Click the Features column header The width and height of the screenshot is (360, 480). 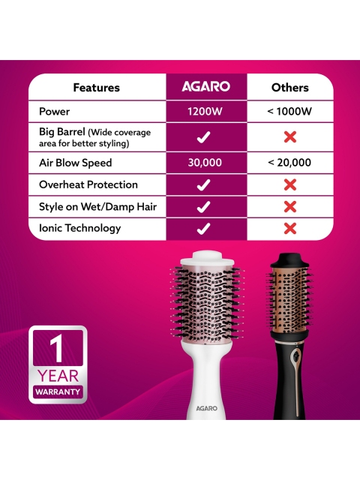97,88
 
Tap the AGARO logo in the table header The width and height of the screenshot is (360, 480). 205,86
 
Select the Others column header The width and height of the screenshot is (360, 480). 290,88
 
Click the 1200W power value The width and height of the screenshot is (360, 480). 205,111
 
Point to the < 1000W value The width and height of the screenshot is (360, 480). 289,111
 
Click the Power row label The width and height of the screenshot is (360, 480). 54,111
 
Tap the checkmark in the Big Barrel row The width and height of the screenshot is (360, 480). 203,136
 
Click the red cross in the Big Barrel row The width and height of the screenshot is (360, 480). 290,136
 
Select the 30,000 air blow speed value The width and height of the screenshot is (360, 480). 205,163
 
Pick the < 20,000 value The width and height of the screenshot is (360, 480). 289,163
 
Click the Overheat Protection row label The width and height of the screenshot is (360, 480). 88,184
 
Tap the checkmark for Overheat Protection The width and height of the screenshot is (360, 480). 203,185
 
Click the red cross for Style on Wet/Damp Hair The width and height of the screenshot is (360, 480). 290,207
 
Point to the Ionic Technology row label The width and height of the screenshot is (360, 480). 80,228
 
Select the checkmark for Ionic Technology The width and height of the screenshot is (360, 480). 203,229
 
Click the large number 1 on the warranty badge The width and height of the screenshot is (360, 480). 57,348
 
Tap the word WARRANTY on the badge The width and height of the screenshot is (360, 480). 58,391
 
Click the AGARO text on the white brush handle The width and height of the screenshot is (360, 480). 207,408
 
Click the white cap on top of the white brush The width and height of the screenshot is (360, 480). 207,258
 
